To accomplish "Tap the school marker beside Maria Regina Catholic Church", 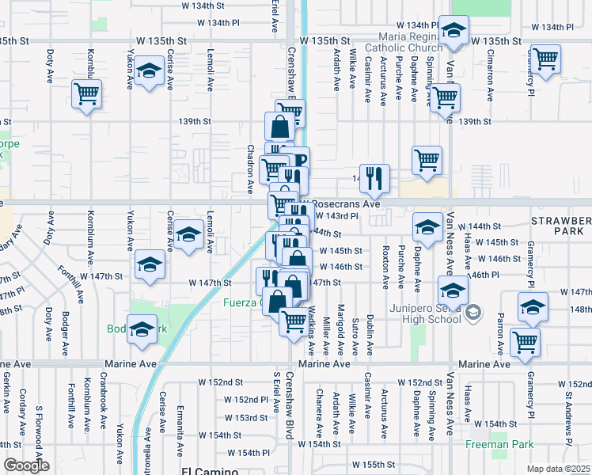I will click(453, 32).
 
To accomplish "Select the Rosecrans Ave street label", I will click(344, 203).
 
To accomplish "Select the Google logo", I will click(25, 465).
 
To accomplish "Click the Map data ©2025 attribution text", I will click(558, 469).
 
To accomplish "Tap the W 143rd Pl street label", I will click(338, 215).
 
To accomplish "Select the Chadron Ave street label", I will click(250, 169).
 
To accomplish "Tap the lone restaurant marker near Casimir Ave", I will click(374, 177).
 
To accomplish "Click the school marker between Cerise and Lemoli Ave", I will click(188, 234).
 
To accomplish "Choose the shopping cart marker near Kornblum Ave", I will click(87, 95).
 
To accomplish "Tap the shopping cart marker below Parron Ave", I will click(526, 342).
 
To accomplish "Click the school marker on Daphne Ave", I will click(427, 227).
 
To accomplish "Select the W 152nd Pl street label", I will click(246, 400).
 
